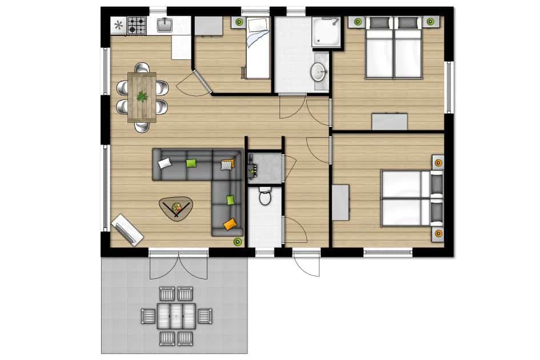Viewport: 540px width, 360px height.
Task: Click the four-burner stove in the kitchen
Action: (x=137, y=25)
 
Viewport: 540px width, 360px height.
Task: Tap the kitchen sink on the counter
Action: (x=164, y=25)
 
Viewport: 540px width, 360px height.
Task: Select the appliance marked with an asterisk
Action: (x=118, y=25)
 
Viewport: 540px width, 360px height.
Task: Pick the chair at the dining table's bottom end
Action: (x=142, y=127)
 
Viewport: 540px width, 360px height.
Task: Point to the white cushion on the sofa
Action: (x=165, y=163)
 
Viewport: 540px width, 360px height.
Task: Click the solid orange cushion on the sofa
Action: (x=230, y=225)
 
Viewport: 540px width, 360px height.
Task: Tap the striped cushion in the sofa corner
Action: (x=227, y=164)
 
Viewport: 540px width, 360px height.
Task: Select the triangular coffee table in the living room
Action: (x=176, y=207)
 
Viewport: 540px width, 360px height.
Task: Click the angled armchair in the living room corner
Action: (x=127, y=230)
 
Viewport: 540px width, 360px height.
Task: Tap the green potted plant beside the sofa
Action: (x=237, y=242)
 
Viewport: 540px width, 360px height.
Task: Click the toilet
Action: (x=265, y=197)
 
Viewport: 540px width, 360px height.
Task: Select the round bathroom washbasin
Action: (x=318, y=72)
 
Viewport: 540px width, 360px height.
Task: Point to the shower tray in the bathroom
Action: (x=326, y=32)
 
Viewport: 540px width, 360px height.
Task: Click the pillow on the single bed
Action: (x=255, y=25)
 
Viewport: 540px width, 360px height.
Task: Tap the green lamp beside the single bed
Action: (x=239, y=22)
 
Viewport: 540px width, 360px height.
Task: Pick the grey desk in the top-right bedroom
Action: (x=390, y=122)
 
